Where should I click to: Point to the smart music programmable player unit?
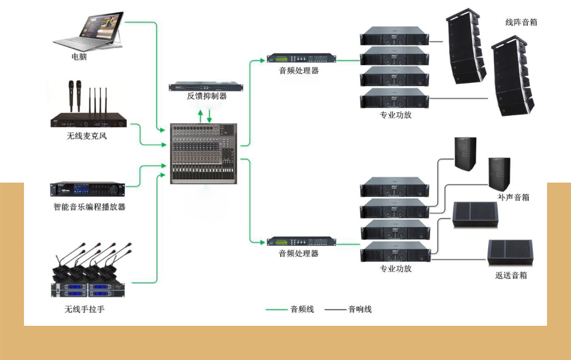pos(87,189)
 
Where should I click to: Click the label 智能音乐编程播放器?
pos(89,207)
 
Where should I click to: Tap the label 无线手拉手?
pos(85,310)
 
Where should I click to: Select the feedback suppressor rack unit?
pos(206,87)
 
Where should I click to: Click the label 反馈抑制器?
pos(207,96)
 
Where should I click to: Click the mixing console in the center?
pos(204,153)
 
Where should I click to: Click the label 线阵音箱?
pos(521,23)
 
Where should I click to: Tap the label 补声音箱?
pos(513,197)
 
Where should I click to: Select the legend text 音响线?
pos(360,309)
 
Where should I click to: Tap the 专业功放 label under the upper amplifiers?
pos(395,115)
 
